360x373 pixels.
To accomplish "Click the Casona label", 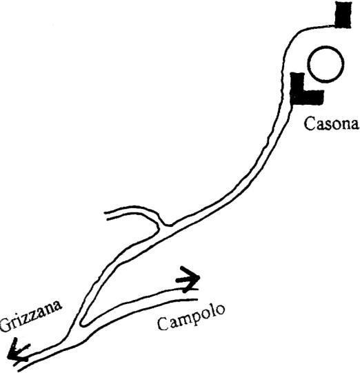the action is pos(331,123).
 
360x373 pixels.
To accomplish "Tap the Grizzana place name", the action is pos(31,316).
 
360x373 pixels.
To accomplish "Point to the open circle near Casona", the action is pos(326,64).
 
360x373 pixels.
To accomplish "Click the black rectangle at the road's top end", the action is pos(343,14).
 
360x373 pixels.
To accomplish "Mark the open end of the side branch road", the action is pos(106,215).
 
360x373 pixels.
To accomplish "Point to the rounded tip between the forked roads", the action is pos(82,323).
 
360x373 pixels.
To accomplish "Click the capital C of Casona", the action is pos(310,123).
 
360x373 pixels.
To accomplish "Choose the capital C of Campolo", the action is pos(163,324).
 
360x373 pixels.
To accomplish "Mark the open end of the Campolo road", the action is pos(197,294).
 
